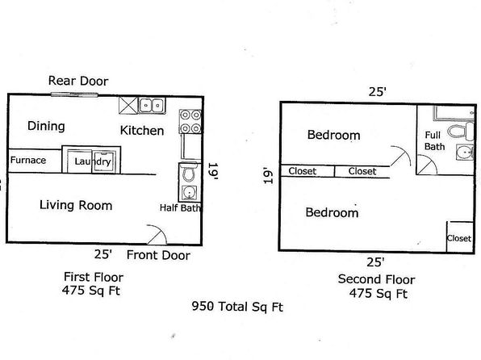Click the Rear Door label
click(78, 81)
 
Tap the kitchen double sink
click(152, 106)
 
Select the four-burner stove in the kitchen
click(190, 122)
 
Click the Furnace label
click(28, 160)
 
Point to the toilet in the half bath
click(188, 173)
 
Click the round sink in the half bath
click(189, 193)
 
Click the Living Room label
click(76, 205)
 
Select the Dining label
click(46, 126)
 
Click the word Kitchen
click(142, 131)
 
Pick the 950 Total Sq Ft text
click(237, 307)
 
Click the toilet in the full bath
click(461, 131)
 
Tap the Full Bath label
click(434, 141)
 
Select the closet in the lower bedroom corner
click(460, 237)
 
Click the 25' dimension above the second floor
click(377, 92)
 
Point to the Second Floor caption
click(376, 279)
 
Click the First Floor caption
click(94, 277)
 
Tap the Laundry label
click(93, 161)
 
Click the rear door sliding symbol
click(74, 94)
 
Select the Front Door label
click(158, 255)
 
